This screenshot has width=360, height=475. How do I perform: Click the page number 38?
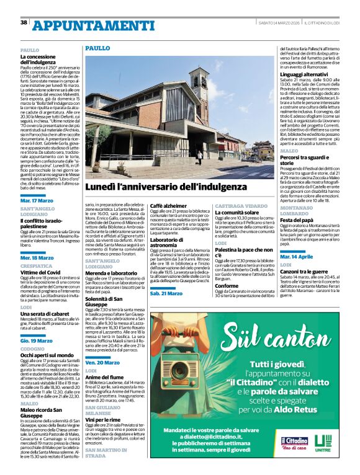pos(24,22)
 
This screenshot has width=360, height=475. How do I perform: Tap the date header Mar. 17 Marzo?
pos(37,201)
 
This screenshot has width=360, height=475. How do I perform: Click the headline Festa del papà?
pos(296,220)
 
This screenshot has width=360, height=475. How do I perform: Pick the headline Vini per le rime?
pos(102,419)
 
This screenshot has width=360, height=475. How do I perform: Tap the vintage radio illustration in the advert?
pos(186,373)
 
